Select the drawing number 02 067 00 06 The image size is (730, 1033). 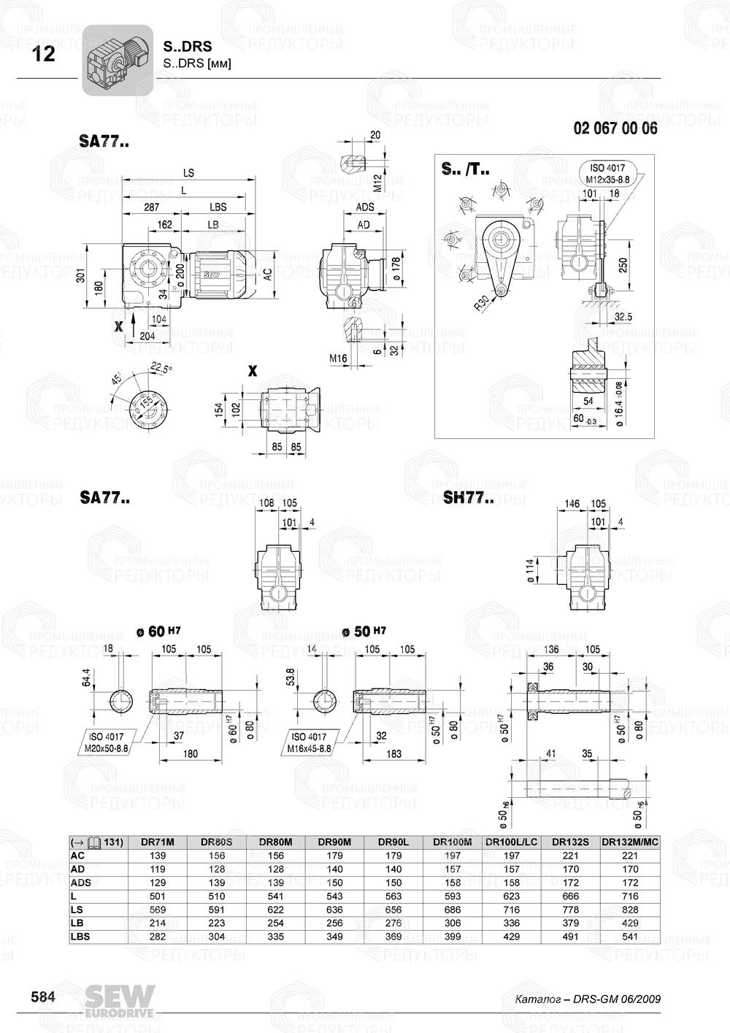[x=615, y=128]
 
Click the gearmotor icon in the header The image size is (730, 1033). [x=117, y=61]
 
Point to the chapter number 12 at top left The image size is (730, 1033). [x=44, y=54]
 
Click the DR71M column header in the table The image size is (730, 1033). [x=157, y=842]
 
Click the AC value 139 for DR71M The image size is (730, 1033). [x=157, y=856]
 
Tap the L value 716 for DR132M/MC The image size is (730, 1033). [x=629, y=896]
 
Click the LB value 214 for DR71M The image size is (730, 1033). [x=157, y=923]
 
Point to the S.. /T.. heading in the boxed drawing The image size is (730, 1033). [x=465, y=170]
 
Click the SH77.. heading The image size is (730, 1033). [x=468, y=499]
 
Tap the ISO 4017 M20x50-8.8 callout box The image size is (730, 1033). [x=107, y=742]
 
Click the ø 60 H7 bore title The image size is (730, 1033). [x=158, y=631]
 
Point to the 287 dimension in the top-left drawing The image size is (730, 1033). [x=150, y=207]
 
